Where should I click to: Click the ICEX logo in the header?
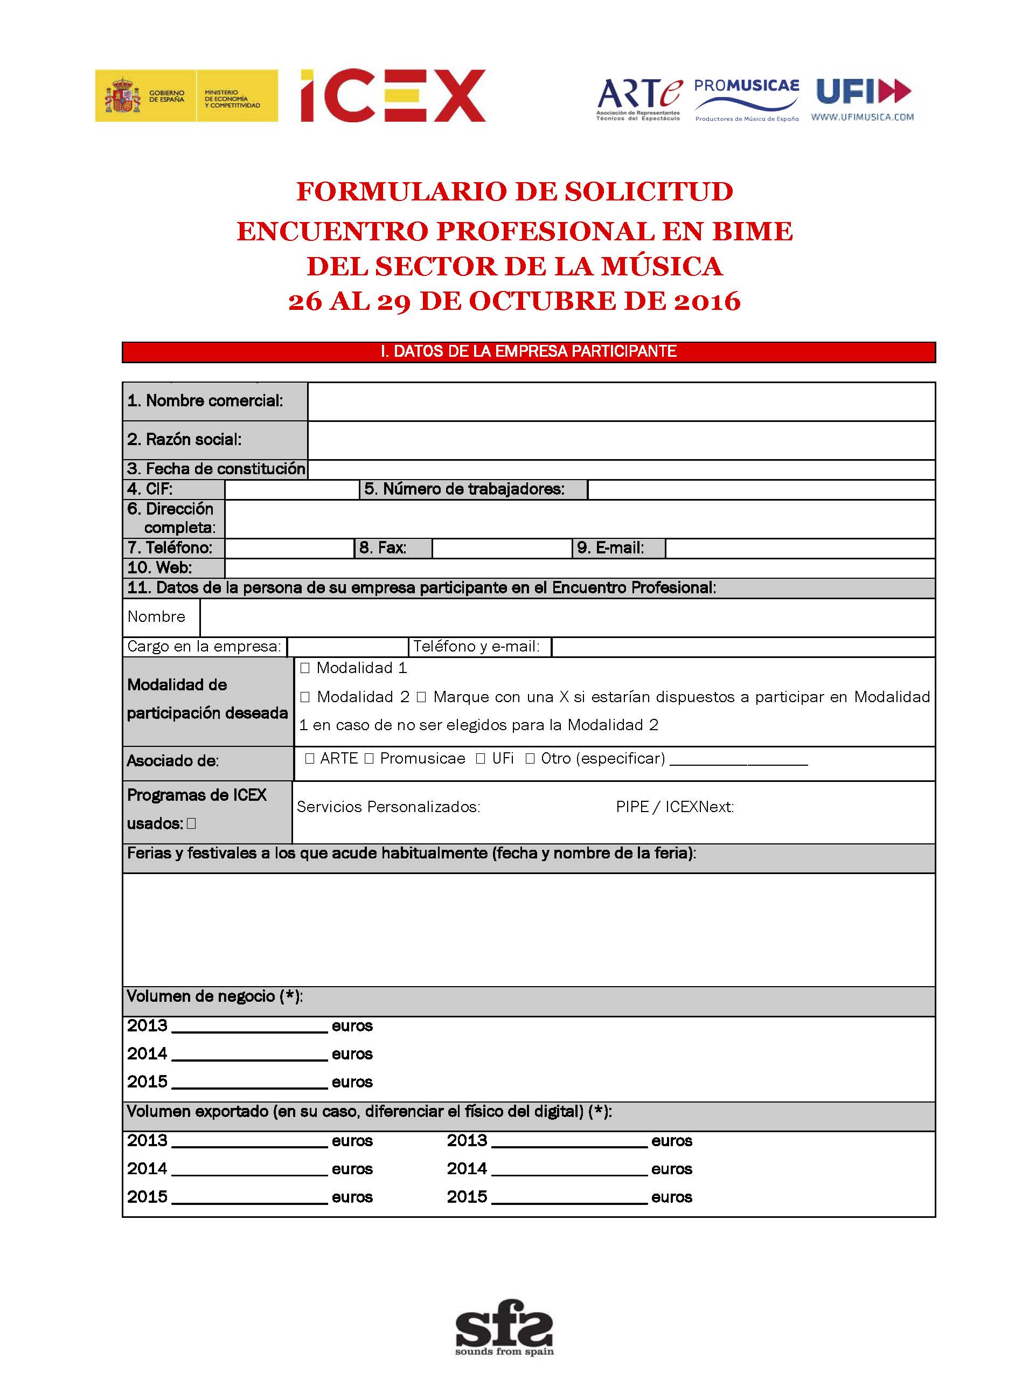392,95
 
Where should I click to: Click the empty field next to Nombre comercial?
621,402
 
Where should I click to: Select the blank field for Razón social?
621,440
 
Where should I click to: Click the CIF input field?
291,490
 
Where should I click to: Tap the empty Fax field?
502,548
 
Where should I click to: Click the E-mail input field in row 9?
800,548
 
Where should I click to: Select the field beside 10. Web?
579,568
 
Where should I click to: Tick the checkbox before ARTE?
310,759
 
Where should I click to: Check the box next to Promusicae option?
369,759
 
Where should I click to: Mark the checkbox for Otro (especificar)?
531,759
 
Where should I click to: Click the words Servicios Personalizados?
388,807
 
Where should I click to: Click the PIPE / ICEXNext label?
675,807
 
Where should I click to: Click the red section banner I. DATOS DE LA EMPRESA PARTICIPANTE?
528,352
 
